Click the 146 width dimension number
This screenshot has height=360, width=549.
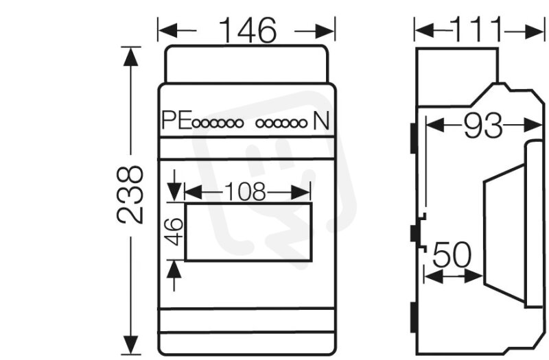[248, 30]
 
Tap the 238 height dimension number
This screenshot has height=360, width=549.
[130, 195]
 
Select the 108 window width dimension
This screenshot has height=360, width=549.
[244, 192]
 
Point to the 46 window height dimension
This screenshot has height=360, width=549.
[174, 231]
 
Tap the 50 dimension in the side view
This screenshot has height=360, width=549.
[452, 254]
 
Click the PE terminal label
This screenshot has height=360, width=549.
[177, 120]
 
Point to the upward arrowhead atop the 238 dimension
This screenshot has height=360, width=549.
[130, 57]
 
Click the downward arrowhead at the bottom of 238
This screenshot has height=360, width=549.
[130, 345]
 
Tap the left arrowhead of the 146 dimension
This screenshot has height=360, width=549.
[167, 31]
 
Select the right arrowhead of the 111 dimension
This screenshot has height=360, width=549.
[534, 32]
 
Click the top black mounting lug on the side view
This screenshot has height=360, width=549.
[414, 138]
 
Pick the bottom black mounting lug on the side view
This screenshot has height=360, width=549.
[414, 317]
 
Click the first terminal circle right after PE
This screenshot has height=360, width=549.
[196, 123]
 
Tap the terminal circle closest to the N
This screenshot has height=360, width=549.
[303, 123]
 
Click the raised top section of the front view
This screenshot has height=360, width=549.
[246, 64]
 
